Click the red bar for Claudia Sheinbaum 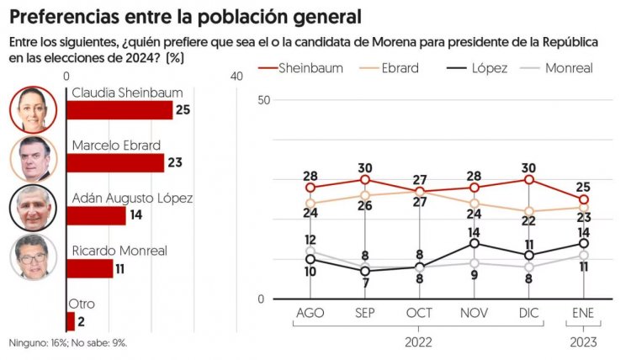pos(119,110)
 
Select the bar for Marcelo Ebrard pos(114,162)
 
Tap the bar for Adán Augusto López pos(95,215)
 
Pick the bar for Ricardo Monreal pos(89,267)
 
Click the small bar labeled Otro pos(70,320)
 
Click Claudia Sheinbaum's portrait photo pos(34,109)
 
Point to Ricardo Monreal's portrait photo pos(34,257)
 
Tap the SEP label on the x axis pos(365,313)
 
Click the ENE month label pos(584,313)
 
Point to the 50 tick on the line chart pos(264,100)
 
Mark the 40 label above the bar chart pos(236,77)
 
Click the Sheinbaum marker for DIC pos(528,179)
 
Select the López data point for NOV pos(475,244)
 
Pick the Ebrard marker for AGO pos(310,204)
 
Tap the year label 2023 pos(583,341)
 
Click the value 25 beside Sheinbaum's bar pos(182,110)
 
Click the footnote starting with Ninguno pos(68,343)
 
